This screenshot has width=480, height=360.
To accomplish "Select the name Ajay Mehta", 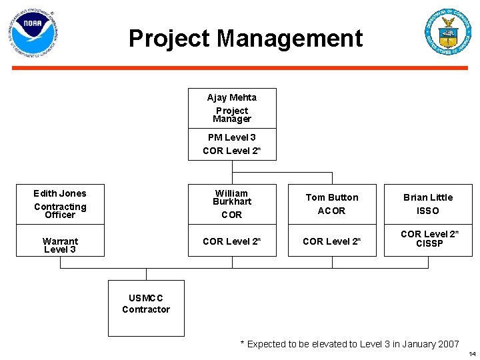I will [x=231, y=97].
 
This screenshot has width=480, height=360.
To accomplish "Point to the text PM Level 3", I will [x=231, y=137].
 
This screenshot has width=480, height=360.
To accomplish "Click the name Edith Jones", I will [x=60, y=193].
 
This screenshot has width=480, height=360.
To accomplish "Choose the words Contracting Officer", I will [x=60, y=211].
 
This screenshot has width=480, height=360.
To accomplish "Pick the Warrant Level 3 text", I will [x=60, y=245].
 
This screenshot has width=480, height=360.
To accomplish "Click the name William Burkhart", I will [x=231, y=197].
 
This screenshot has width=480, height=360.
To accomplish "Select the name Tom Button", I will [x=331, y=197].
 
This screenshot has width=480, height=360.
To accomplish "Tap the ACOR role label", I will [x=331, y=211].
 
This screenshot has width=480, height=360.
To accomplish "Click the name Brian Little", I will [x=427, y=197].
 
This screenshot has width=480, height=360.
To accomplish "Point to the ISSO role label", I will [x=427, y=211].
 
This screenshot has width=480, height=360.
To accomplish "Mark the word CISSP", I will [x=429, y=244].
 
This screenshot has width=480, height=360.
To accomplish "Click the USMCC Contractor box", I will [x=146, y=308].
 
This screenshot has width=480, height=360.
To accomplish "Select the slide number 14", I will [x=472, y=353].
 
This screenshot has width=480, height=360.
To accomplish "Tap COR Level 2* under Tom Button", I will [x=331, y=241].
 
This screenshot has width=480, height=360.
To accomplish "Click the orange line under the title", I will [x=240, y=68].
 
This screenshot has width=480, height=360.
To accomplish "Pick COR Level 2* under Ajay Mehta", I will [x=231, y=151].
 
